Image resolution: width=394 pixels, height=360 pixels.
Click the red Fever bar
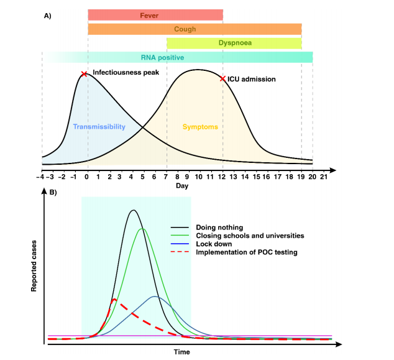coord(155,15)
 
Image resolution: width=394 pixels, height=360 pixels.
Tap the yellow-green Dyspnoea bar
coord(234,44)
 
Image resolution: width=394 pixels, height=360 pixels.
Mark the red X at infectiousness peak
coord(84,74)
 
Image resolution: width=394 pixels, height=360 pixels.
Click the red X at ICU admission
coord(222,78)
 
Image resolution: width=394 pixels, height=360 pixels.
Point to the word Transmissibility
coord(99,127)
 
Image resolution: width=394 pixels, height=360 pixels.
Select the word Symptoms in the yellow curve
coord(200,127)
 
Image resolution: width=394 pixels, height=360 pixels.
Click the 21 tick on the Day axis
coord(324,177)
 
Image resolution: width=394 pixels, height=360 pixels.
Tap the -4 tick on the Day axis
coord(42,177)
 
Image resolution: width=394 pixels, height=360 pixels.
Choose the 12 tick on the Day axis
coord(222,177)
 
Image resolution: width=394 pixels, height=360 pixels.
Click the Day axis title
coord(182,186)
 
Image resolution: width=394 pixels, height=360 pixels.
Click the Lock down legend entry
coord(211,244)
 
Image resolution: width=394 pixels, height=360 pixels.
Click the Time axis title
coord(182,351)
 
